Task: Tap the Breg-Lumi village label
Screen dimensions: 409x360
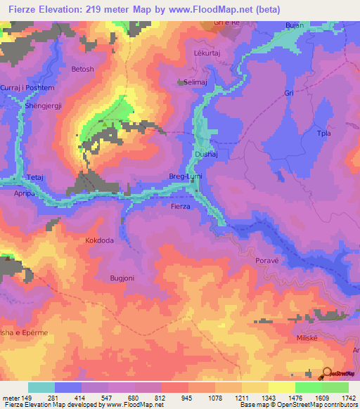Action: coord(184,177)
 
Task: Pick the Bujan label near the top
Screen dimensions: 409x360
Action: coord(294,25)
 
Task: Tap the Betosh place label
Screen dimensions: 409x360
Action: coord(82,69)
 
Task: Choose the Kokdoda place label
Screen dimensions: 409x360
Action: coord(99,240)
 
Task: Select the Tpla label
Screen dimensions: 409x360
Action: coord(323,134)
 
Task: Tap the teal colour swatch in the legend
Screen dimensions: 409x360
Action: coord(41,387)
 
